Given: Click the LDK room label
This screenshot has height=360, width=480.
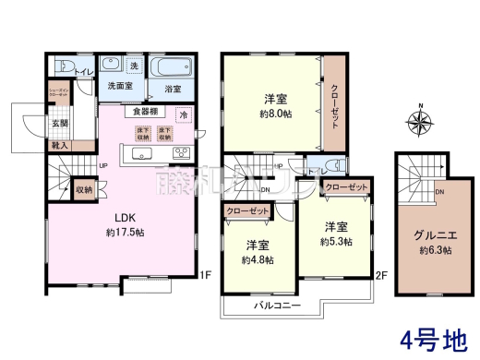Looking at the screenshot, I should [126, 218].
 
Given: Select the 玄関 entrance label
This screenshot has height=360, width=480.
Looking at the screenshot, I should [58, 123].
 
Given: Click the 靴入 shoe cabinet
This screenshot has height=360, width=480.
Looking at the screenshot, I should [58, 145].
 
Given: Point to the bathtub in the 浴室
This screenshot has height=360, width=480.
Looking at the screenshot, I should [172, 70].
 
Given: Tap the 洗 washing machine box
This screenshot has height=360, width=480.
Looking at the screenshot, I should [134, 67].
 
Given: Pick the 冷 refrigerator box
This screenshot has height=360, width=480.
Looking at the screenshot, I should [183, 115].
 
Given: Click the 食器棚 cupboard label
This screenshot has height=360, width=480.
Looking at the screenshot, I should [145, 112].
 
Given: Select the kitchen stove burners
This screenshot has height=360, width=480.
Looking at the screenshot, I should [180, 153].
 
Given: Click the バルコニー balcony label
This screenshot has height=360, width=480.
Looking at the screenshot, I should [275, 304].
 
